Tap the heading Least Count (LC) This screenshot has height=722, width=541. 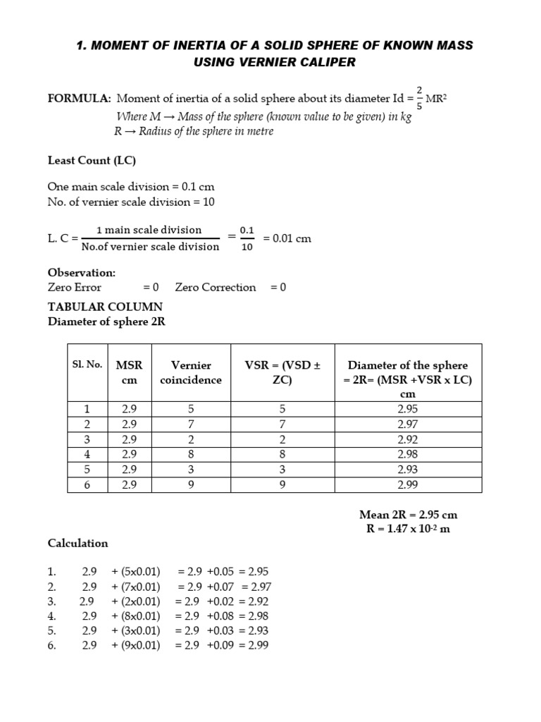[92, 160]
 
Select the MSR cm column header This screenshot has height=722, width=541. [129, 372]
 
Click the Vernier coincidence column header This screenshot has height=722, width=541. [191, 372]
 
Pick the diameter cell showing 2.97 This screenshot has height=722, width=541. [408, 424]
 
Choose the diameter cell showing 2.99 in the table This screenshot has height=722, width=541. [408, 485]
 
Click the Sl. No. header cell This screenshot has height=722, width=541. [87, 365]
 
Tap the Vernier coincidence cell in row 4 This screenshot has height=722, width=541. [191, 455]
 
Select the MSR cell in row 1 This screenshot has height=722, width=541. [129, 410]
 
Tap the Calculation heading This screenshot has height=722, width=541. [77, 544]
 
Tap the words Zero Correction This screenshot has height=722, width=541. [216, 287]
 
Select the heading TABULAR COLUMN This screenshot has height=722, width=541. [105, 307]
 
